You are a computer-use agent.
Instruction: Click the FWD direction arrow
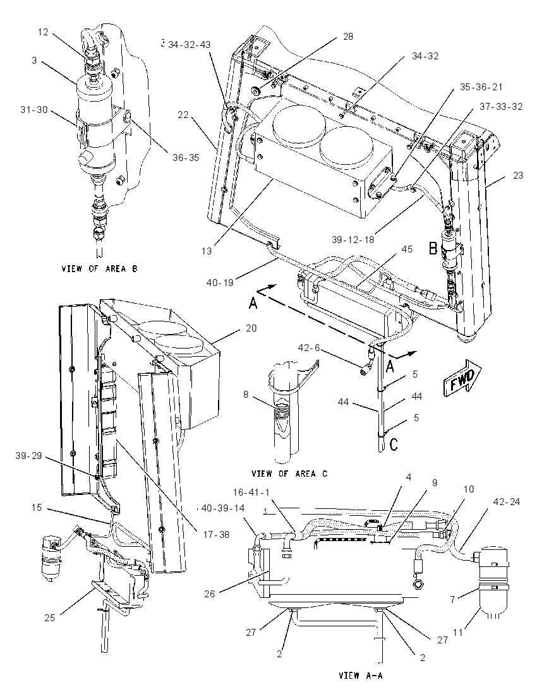pos(462,378)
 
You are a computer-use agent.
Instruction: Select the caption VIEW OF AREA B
pos(99,268)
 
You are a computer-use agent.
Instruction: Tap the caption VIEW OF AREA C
pos(290,474)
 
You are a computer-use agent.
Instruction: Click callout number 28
pos(348,37)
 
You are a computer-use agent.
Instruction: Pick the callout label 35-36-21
pos(481,87)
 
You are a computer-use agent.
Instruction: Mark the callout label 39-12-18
pos(353,239)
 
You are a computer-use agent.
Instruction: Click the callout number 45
pos(407,249)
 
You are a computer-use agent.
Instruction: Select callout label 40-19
pos(219,282)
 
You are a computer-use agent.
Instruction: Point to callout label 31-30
pos(33,109)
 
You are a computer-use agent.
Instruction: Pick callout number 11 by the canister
pos(457,633)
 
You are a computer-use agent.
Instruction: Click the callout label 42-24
pos(507,502)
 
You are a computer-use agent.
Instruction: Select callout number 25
pos(49,618)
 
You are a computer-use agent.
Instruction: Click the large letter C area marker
pos(393,444)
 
